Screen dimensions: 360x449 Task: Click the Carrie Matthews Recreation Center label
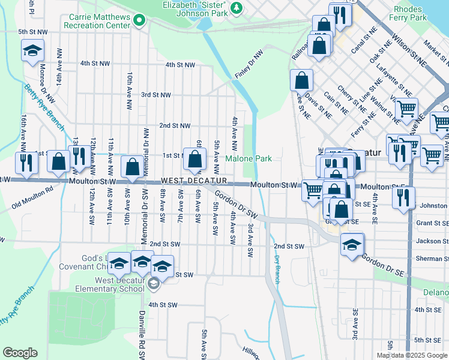point(99,22)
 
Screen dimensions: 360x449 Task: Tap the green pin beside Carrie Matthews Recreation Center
point(140,22)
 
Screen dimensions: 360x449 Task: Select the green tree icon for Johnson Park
point(237,7)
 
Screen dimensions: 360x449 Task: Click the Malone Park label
point(249,158)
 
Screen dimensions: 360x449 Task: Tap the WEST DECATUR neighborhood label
point(193,181)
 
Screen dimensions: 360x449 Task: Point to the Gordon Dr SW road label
point(236,205)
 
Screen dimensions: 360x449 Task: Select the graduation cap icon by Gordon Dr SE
point(352,244)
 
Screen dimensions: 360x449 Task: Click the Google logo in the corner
point(20,353)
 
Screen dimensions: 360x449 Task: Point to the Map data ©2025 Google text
point(411,355)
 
